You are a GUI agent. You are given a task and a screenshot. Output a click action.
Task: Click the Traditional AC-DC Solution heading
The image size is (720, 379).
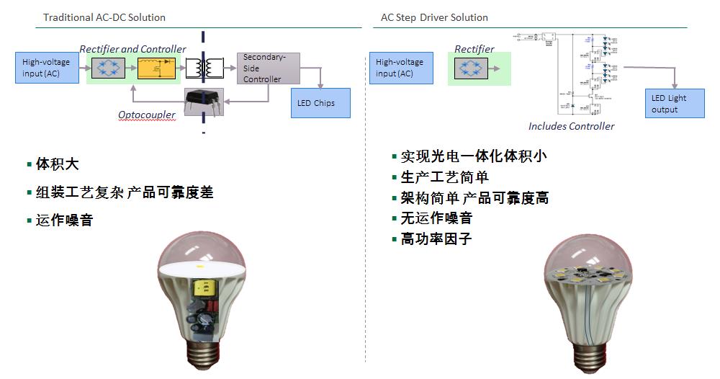click(x=104, y=17)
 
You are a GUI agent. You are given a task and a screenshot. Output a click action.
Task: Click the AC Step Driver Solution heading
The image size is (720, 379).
click(x=434, y=17)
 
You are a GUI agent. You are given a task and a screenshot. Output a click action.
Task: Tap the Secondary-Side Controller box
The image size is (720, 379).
click(x=268, y=68)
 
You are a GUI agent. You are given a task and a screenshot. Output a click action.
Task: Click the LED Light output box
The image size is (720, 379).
click(x=674, y=104)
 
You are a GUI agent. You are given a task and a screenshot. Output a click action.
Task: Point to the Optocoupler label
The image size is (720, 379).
click(x=147, y=115)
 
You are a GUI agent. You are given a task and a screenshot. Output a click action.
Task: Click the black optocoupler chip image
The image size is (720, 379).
click(x=204, y=101)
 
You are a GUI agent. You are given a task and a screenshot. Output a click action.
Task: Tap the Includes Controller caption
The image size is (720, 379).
click(x=572, y=126)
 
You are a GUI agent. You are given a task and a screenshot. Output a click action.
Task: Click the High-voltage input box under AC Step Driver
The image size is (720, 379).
click(x=400, y=68)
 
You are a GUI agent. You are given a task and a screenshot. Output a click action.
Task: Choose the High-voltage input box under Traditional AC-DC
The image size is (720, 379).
click(x=46, y=68)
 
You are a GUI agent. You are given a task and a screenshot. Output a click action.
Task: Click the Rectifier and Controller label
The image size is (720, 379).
click(x=132, y=49)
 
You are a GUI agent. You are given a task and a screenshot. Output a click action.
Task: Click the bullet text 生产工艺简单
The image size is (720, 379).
click(x=444, y=177)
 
